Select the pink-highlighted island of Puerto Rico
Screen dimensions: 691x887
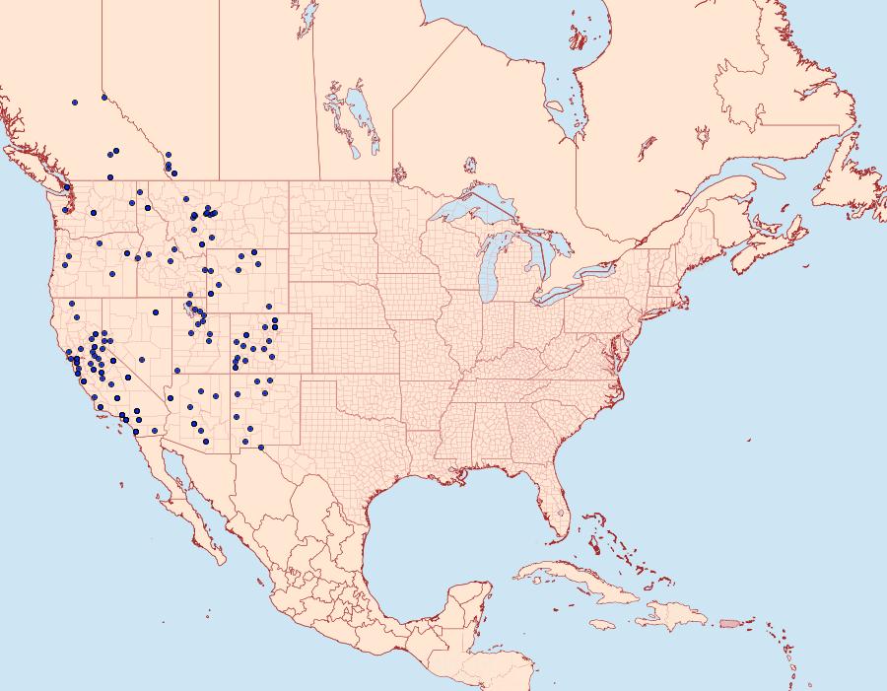pyautogui.click(x=729, y=622)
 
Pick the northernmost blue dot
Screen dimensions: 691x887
pyautogui.click(x=103, y=97)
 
